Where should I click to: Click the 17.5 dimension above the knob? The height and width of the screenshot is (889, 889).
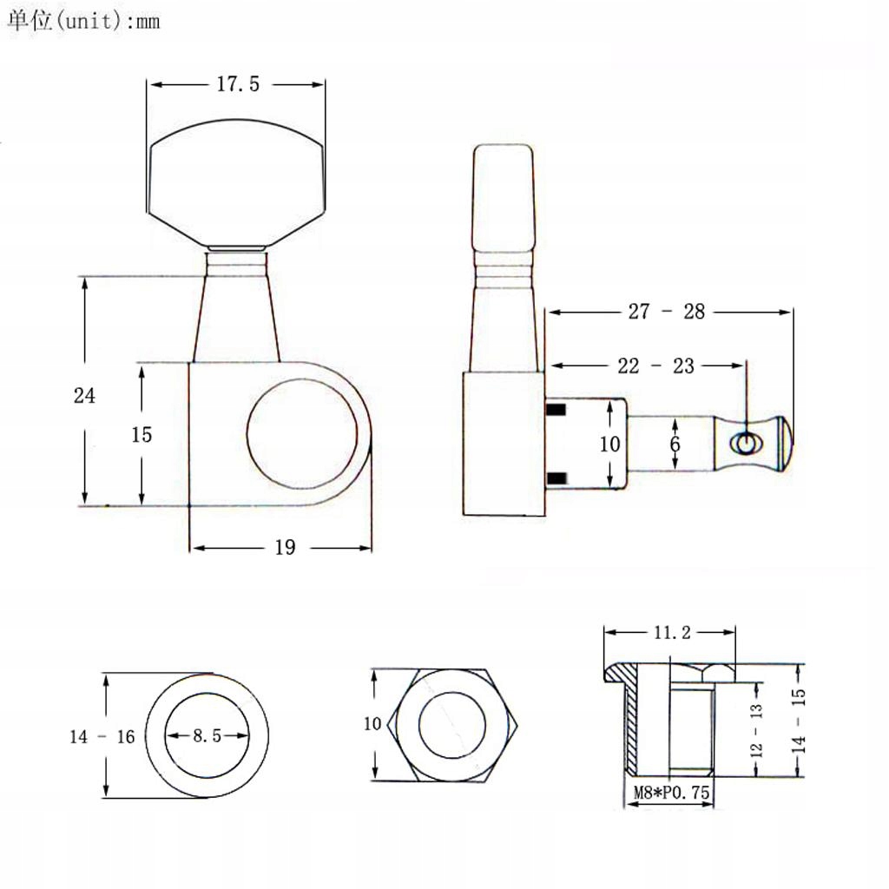[238, 84]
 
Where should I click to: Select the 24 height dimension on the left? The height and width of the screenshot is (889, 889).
[84, 395]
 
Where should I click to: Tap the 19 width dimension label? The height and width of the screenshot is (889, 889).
[285, 547]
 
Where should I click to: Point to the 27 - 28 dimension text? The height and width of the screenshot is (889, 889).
[666, 312]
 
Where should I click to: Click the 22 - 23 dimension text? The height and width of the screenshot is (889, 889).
[655, 365]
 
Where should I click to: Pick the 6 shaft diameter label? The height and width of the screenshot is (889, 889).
[675, 444]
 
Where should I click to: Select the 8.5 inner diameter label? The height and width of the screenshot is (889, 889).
[207, 735]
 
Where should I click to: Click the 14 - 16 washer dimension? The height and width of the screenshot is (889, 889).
[102, 736]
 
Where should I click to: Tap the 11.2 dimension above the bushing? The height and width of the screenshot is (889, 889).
[672, 632]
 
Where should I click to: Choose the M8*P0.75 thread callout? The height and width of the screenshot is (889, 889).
[671, 792]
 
